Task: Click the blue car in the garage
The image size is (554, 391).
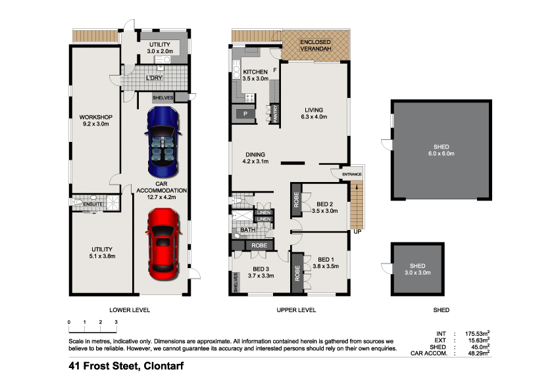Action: tap(163, 141)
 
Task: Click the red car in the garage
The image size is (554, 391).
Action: tap(163, 244)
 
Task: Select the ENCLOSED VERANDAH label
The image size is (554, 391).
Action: tap(316, 45)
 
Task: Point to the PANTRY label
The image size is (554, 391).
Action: tap(275, 114)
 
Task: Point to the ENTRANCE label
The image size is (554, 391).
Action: tap(352, 174)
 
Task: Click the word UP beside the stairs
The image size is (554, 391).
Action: tap(357, 232)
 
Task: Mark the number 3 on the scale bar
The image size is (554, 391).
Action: tap(116, 322)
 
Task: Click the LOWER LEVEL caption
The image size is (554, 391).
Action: tap(130, 310)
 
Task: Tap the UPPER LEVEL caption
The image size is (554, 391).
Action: tap(296, 310)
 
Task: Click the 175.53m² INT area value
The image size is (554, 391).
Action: tap(477, 333)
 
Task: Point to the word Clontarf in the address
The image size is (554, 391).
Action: tap(164, 366)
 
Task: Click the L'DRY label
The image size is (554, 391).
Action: tap(155, 78)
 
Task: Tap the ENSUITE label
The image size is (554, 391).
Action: tap(93, 204)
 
